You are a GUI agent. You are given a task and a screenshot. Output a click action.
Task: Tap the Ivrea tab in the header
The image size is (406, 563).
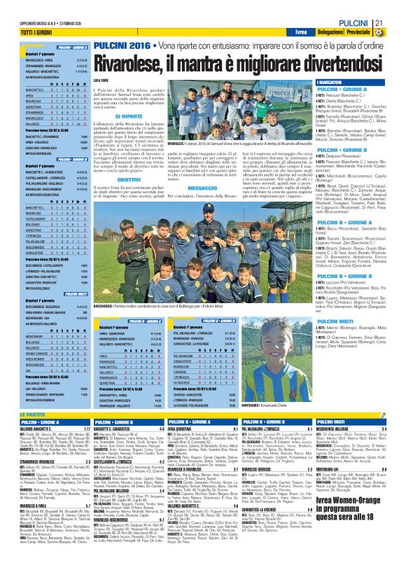[x=288, y=32]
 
